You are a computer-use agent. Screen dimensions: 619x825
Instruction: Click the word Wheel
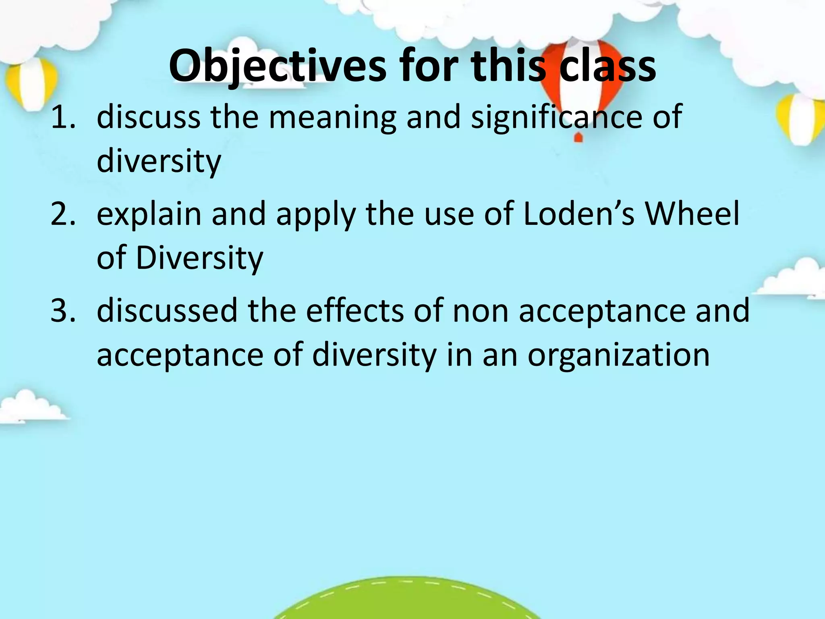tap(692, 214)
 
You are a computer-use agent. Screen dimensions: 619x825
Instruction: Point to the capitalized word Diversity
tap(199, 258)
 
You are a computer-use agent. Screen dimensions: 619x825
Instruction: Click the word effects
tap(354, 311)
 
